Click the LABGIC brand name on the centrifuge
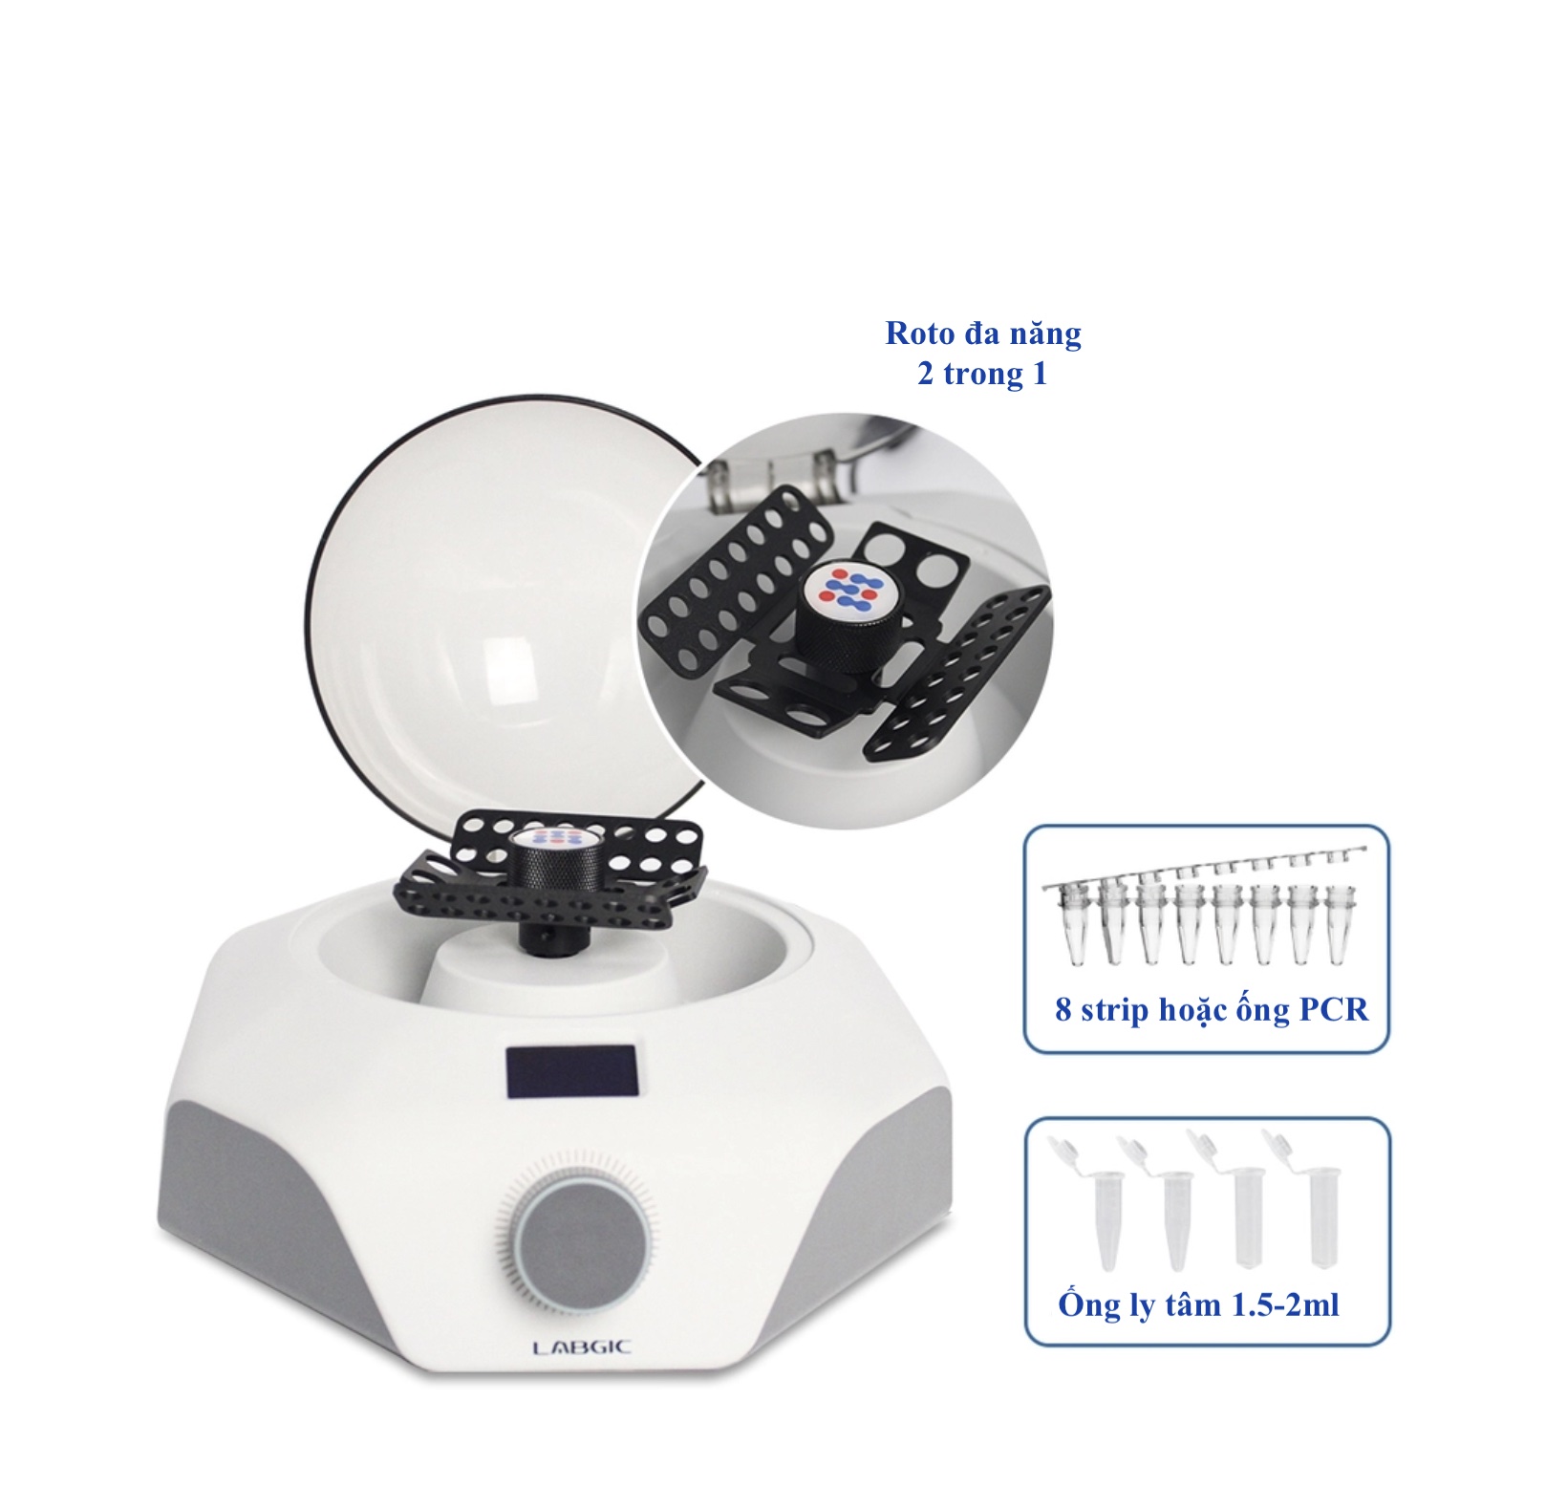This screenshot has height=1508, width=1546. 582,1347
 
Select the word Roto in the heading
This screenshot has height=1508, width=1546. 920,333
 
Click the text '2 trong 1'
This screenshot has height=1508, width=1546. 982,374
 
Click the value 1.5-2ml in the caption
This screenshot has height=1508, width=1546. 1284,1304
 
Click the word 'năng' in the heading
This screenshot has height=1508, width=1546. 1045,334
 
